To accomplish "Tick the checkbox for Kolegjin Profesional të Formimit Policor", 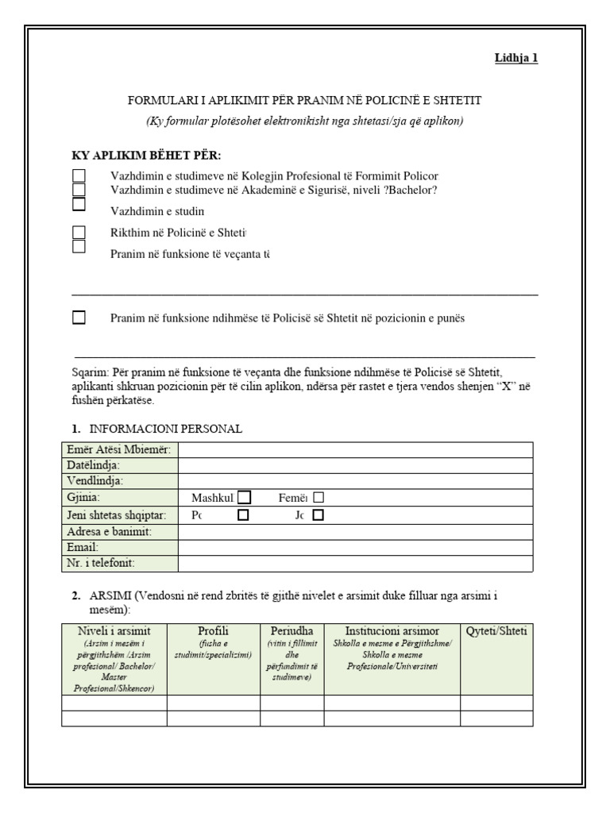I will [x=79, y=175].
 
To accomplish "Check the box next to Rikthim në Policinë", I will [x=79, y=233].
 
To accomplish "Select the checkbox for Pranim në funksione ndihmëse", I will [x=79, y=318].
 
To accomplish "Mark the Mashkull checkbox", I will [x=245, y=497].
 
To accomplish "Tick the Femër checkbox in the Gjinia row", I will [x=319, y=497].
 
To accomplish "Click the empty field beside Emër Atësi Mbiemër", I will [x=355, y=450].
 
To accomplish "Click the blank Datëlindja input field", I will [x=355, y=466].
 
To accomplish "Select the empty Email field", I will [x=355, y=547].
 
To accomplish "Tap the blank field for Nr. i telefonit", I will [x=355, y=563].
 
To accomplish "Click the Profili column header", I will [x=213, y=631].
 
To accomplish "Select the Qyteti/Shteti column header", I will [x=496, y=631].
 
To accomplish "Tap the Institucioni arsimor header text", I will [x=392, y=631].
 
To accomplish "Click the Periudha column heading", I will [x=291, y=631].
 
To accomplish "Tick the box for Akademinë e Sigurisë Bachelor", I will [x=79, y=189].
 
